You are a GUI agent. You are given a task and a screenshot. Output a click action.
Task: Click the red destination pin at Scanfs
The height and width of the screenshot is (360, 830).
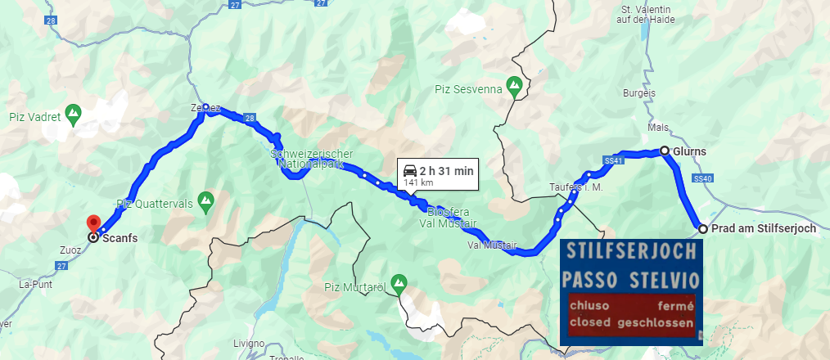pyautogui.click(x=93, y=223)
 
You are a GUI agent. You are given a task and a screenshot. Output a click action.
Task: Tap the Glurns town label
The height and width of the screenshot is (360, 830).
pyautogui.click(x=692, y=151)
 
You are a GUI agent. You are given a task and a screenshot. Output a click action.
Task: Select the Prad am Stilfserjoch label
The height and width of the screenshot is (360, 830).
pyautogui.click(x=764, y=228)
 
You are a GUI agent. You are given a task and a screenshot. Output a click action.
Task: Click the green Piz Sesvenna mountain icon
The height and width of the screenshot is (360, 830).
pyautogui.click(x=514, y=84)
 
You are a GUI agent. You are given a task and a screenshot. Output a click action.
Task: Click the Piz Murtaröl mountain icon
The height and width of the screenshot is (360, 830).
pyautogui.click(x=399, y=282)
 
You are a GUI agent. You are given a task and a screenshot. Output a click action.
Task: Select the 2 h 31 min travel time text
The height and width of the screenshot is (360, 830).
pyautogui.click(x=446, y=171)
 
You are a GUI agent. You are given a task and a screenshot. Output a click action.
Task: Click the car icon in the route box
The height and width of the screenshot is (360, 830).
pyautogui.click(x=409, y=171)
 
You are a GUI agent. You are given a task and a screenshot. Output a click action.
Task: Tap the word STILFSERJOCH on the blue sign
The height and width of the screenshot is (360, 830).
pyautogui.click(x=629, y=249)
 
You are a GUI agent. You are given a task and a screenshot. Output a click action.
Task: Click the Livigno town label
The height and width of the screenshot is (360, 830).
pyautogui.click(x=248, y=343)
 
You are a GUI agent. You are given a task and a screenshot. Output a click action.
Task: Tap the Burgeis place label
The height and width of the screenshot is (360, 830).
pyautogui.click(x=639, y=93)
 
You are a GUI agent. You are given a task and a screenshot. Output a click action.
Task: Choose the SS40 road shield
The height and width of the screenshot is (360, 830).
pyautogui.click(x=702, y=178)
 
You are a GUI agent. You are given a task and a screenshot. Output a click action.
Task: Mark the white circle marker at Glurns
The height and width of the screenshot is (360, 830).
pyautogui.click(x=665, y=151)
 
